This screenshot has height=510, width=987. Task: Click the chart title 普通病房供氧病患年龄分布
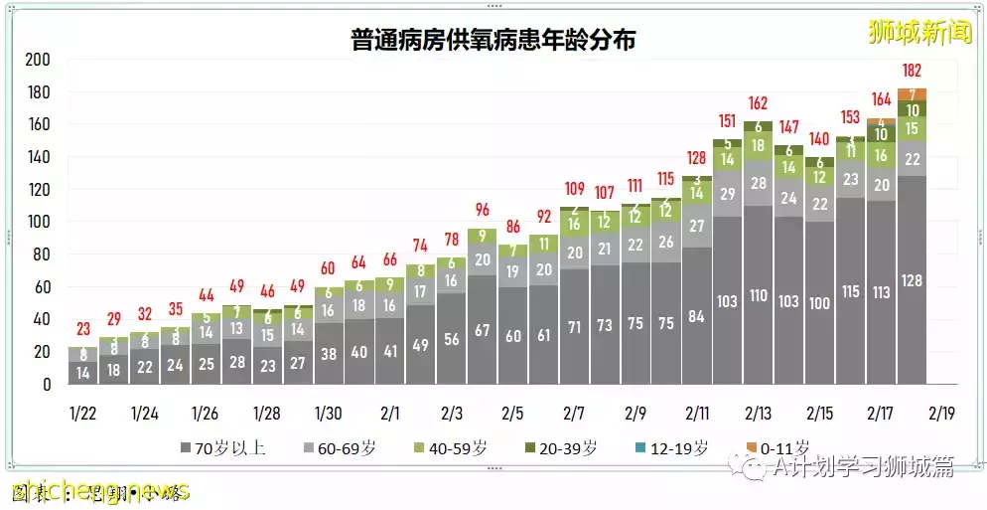493,41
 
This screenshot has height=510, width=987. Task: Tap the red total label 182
913,72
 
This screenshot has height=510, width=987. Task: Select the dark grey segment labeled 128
913,280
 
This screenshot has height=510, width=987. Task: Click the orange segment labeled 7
913,94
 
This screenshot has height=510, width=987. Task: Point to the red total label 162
759,103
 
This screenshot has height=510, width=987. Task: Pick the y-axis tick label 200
38,60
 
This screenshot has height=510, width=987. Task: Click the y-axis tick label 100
38,222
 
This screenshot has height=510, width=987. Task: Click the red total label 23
83,330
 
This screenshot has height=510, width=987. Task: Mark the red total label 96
483,210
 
